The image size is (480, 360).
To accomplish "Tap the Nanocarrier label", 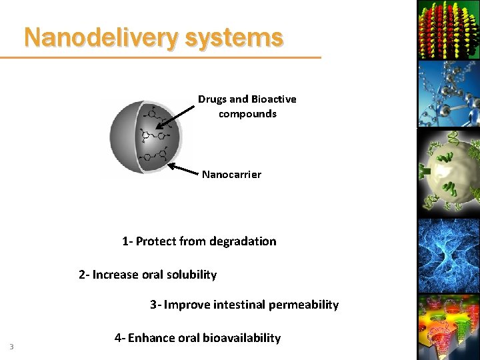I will click(x=231, y=175).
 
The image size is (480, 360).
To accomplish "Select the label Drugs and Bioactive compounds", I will click(x=247, y=106).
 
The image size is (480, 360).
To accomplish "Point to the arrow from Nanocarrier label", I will click(x=184, y=169).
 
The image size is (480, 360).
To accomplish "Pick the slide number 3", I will click(x=11, y=346).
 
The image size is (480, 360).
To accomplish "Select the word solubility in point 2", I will click(x=191, y=275).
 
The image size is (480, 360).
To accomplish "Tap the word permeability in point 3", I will click(x=303, y=305).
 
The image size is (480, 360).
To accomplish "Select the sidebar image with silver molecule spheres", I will click(x=447, y=93).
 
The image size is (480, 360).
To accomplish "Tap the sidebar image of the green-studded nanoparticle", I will click(x=447, y=173).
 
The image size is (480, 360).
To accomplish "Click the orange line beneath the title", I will click(x=160, y=57).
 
